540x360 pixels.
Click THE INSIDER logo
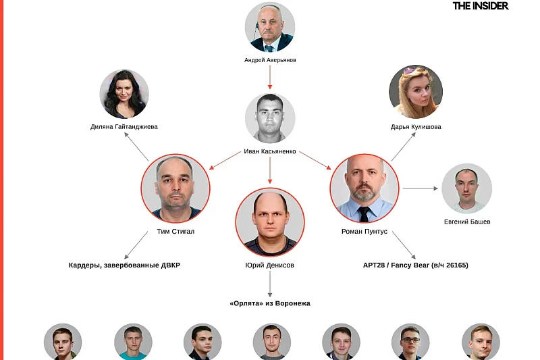click(x=481, y=6)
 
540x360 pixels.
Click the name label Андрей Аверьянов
click(x=270, y=60)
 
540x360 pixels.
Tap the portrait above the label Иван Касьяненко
click(x=270, y=118)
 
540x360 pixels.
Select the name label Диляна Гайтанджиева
click(x=124, y=127)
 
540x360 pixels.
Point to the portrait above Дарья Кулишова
click(x=416, y=92)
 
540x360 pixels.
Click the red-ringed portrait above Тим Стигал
click(x=175, y=188)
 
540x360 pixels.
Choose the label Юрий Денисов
click(x=269, y=265)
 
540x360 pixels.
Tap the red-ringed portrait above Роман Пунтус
click(x=364, y=188)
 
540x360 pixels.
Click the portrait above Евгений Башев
click(x=466, y=188)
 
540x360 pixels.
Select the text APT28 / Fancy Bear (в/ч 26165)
click(x=416, y=265)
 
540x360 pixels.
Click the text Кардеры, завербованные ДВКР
click(x=124, y=265)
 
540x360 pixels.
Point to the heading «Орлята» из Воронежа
click(x=270, y=303)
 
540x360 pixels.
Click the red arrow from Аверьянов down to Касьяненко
click(x=270, y=77)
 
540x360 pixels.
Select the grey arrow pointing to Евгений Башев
click(x=420, y=188)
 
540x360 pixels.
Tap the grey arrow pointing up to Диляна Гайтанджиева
click(x=136, y=147)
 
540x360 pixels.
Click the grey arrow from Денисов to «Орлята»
click(x=270, y=284)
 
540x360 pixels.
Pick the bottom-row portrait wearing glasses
click(x=410, y=342)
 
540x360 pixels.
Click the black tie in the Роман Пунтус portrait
click(x=364, y=214)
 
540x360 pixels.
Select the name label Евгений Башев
click(x=467, y=222)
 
